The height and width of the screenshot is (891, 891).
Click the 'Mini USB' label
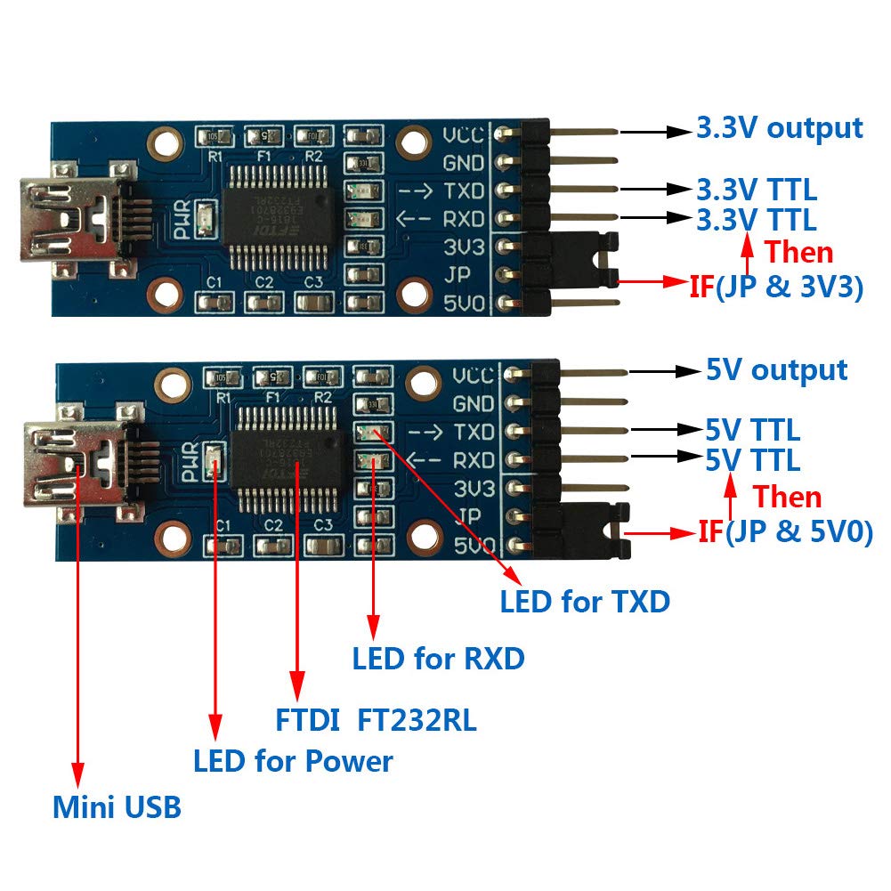(x=117, y=807)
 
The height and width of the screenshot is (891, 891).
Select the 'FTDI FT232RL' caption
(x=374, y=719)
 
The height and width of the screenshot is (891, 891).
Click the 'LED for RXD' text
(x=438, y=659)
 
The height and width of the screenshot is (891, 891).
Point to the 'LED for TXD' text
(x=584, y=601)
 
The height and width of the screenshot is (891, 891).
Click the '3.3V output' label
(x=779, y=128)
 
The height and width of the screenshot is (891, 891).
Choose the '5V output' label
(x=776, y=369)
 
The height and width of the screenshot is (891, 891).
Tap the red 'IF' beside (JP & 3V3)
(x=701, y=288)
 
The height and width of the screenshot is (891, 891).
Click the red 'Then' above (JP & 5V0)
(x=787, y=496)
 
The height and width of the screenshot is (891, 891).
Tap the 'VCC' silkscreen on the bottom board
(x=473, y=375)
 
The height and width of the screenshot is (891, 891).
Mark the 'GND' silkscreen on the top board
(x=463, y=164)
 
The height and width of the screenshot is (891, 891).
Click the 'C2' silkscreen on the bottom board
(x=273, y=524)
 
